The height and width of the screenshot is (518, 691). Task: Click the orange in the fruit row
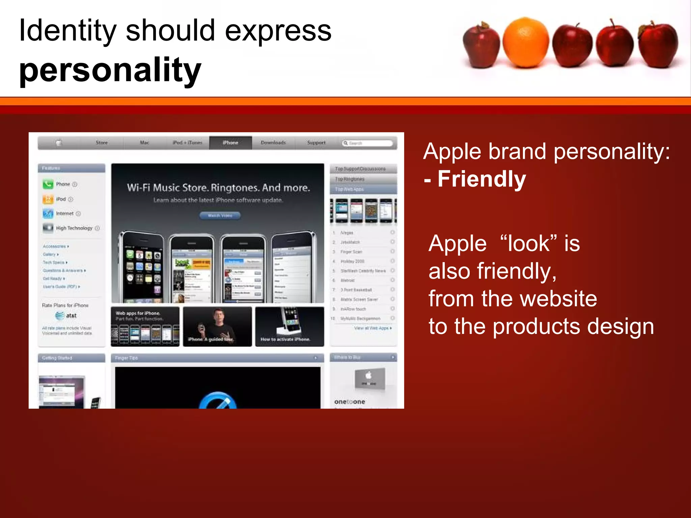tap(525, 42)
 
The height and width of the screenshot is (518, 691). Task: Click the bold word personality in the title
tap(110, 70)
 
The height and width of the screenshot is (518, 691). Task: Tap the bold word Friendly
tap(481, 179)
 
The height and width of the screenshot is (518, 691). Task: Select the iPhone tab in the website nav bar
tap(230, 143)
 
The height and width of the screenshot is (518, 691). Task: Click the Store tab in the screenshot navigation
tap(102, 143)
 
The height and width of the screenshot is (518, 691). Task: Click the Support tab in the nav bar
tap(316, 143)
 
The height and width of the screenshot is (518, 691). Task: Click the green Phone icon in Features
tap(48, 184)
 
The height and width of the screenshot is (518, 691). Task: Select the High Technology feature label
tap(74, 228)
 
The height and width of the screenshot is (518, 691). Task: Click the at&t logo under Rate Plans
tap(66, 316)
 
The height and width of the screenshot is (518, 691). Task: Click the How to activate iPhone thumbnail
tap(289, 326)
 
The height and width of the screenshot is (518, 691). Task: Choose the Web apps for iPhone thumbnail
tap(145, 326)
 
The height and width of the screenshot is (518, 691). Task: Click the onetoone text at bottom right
tap(350, 402)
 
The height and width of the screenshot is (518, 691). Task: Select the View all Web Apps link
tap(372, 328)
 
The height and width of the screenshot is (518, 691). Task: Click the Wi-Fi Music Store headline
tap(218, 188)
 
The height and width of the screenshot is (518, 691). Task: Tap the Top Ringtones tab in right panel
tap(350, 179)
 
